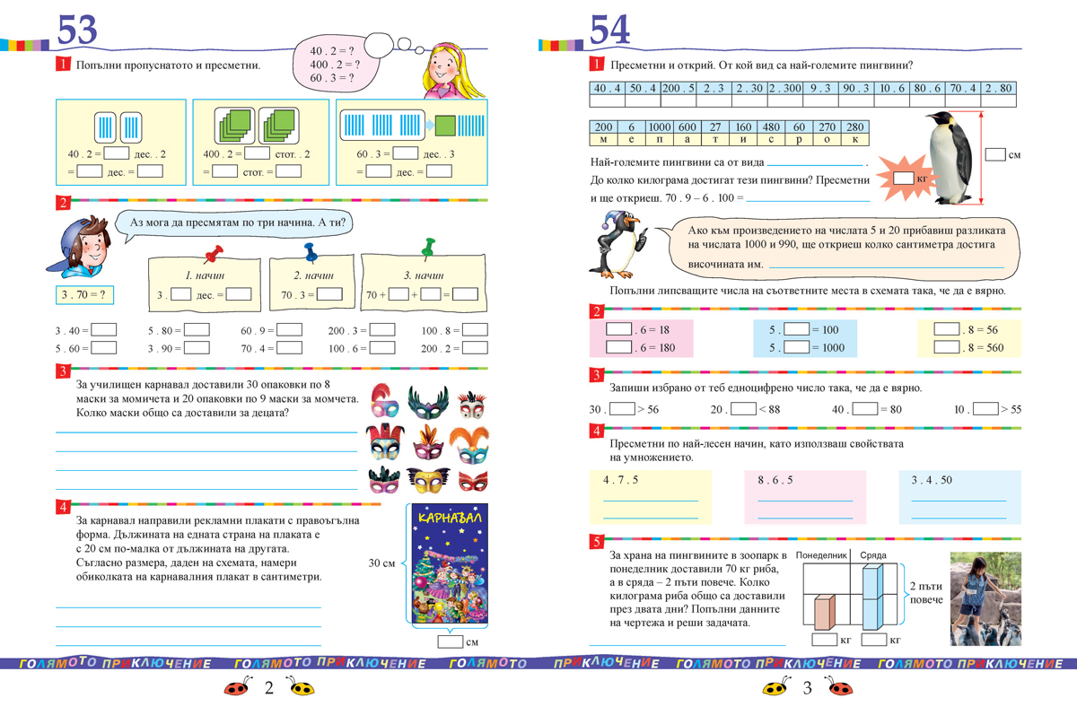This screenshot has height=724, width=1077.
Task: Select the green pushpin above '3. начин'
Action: click(428, 248)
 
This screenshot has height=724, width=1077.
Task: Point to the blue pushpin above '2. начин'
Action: click(311, 252)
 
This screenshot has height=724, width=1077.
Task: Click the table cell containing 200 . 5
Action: click(678, 89)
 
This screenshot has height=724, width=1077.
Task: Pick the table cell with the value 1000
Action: click(660, 127)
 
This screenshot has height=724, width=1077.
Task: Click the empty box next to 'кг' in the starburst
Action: click(904, 179)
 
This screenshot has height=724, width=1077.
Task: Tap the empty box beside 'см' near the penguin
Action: click(994, 154)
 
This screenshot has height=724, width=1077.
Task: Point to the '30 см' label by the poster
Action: click(381, 563)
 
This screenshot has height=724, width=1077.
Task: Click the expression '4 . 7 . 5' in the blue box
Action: click(620, 480)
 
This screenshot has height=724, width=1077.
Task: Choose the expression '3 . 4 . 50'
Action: click(932, 480)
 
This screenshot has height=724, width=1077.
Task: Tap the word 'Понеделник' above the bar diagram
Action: click(821, 556)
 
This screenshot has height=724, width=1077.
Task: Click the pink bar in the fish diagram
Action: click(824, 613)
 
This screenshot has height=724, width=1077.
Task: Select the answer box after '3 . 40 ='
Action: click(104, 329)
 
